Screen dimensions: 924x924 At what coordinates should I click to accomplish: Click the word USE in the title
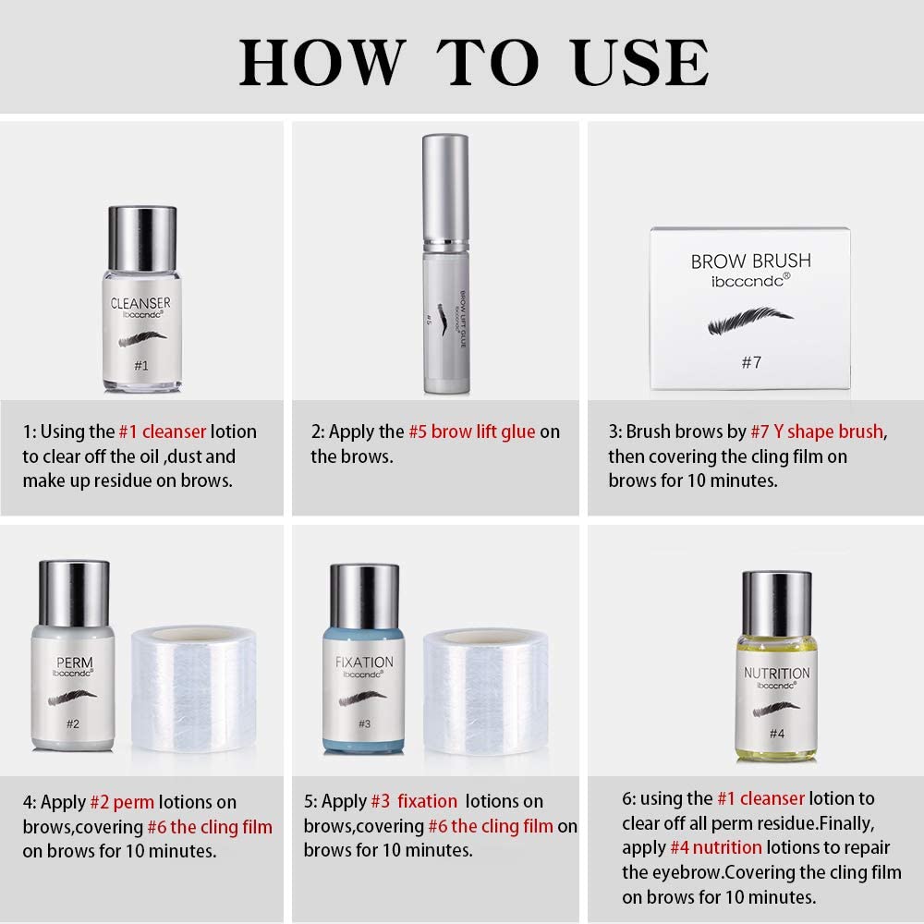click(640, 62)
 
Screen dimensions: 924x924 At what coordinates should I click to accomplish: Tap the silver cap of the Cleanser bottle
click(142, 238)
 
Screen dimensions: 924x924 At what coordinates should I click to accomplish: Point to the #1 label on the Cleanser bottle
click(141, 365)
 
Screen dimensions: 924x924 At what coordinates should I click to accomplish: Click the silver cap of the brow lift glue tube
click(446, 188)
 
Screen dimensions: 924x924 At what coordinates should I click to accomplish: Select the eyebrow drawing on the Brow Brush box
click(750, 320)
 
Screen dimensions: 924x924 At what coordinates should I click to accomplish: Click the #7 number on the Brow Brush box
click(751, 362)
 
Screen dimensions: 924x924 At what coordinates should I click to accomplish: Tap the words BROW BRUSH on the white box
click(750, 261)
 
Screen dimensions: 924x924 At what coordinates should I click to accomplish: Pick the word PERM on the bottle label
click(75, 663)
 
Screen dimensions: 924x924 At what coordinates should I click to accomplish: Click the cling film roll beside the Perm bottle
click(193, 689)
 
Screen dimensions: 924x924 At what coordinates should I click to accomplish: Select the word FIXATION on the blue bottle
click(364, 663)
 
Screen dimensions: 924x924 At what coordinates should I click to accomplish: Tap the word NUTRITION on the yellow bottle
click(777, 673)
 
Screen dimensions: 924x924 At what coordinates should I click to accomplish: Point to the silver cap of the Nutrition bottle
click(777, 604)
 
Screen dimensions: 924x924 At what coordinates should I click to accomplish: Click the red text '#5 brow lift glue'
click(472, 432)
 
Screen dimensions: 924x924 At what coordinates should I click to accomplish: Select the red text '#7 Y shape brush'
click(817, 432)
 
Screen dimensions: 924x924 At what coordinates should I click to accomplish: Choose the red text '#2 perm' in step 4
click(122, 802)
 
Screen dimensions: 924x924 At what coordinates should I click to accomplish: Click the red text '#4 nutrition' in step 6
click(716, 847)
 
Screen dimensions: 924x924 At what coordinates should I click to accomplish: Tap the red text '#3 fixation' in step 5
click(414, 801)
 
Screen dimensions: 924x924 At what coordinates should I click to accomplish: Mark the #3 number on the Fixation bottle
click(365, 723)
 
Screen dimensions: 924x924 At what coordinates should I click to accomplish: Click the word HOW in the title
click(322, 62)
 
